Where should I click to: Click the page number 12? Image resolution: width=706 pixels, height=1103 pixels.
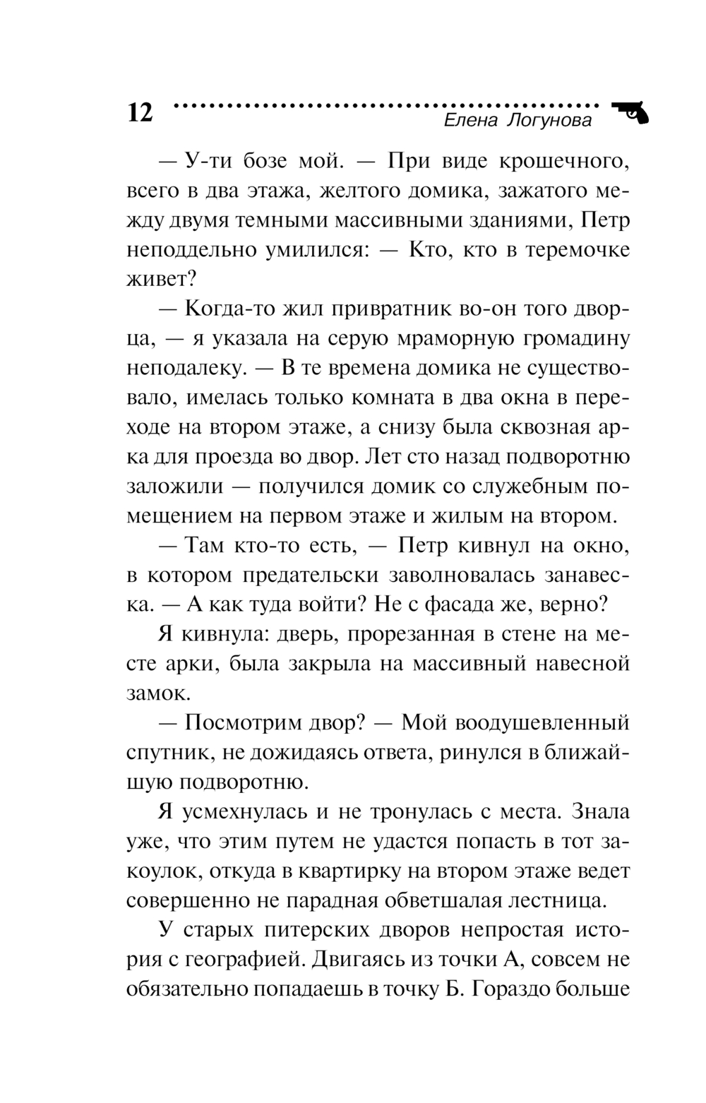(140, 113)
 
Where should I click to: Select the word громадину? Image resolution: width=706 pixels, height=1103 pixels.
(582, 339)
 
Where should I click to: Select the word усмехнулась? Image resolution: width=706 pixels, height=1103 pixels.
(241, 812)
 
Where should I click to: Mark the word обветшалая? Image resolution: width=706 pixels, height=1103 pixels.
(460, 901)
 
